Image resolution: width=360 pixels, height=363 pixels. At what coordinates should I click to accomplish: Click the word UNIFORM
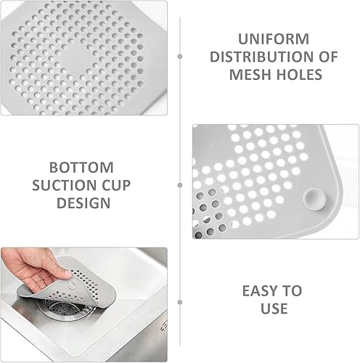(274, 39)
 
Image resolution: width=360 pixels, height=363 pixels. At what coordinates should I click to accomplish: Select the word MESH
(250, 74)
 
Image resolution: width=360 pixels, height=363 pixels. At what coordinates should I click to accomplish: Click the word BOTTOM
(81, 168)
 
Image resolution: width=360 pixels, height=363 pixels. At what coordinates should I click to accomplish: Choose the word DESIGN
(83, 203)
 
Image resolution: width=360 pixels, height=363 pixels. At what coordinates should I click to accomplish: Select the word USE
(274, 309)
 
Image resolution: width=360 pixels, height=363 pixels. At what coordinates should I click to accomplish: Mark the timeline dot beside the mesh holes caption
(180, 57)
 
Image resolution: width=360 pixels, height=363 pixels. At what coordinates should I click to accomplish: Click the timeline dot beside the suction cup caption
(180, 185)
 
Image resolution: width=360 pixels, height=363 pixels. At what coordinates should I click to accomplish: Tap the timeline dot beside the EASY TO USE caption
(180, 302)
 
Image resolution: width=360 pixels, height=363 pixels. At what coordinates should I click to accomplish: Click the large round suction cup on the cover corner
(315, 200)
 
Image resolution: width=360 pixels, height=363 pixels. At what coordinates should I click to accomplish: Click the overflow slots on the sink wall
(164, 325)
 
